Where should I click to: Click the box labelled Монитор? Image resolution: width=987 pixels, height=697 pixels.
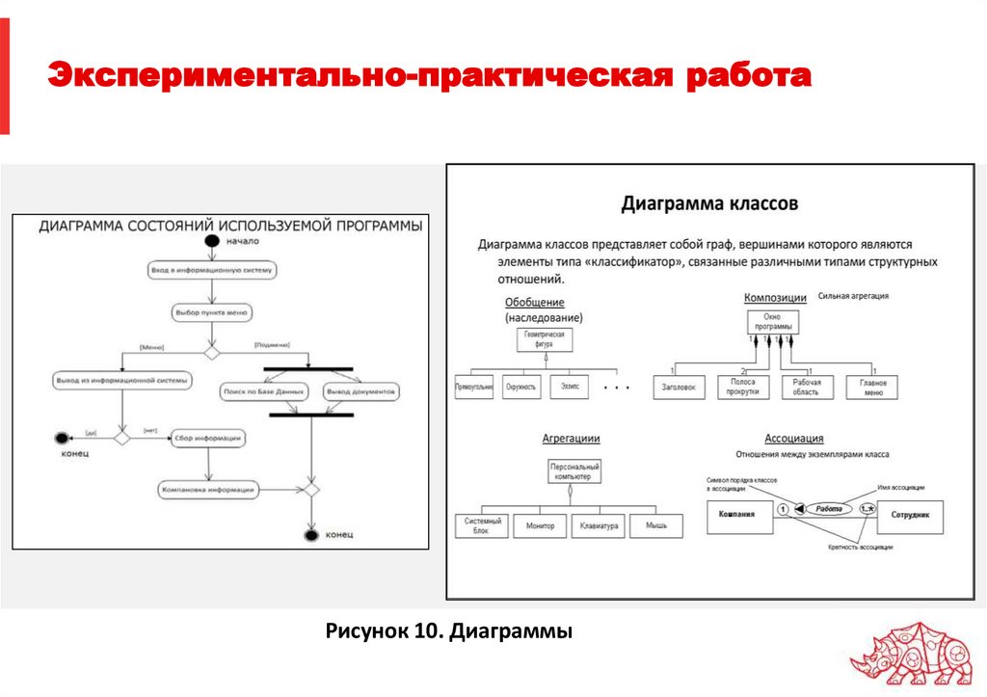[x=540, y=526]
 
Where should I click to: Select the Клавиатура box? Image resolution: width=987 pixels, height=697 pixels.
[x=598, y=526]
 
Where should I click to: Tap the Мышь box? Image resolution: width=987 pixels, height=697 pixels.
[x=656, y=526]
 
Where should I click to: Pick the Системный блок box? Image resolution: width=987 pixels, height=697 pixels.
[x=481, y=526]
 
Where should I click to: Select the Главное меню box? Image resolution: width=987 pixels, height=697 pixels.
[x=873, y=388]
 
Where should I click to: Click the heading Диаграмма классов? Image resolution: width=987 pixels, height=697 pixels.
[x=708, y=204]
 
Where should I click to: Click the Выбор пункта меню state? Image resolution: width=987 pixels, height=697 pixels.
[x=212, y=313]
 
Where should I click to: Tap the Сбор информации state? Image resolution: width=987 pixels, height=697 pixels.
[x=208, y=438]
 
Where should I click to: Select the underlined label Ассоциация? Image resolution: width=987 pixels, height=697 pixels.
[x=793, y=439]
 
